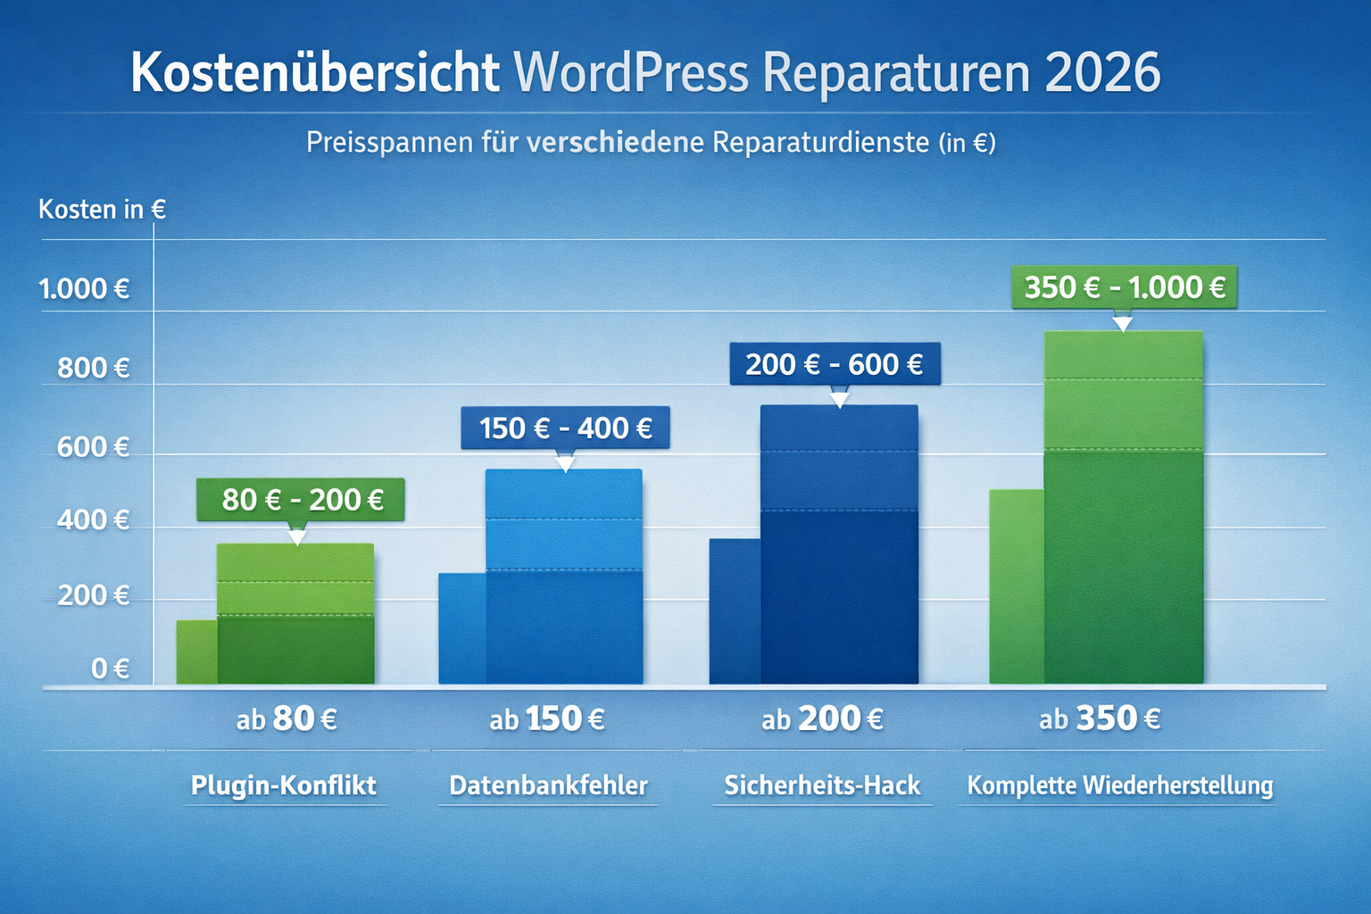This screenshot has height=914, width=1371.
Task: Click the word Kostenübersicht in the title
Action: coord(314,72)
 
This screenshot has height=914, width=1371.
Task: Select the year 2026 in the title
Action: coord(1102,72)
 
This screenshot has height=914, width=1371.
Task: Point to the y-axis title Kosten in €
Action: coord(102,210)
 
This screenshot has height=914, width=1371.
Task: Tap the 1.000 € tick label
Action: coord(84,289)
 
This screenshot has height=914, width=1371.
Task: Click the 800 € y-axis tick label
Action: coord(93,368)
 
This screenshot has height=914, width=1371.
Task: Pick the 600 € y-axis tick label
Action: coord(93,447)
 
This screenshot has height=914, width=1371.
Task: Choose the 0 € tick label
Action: coord(110,669)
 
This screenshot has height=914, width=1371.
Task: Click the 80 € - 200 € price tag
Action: coord(302,500)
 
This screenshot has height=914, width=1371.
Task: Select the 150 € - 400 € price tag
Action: coord(565,428)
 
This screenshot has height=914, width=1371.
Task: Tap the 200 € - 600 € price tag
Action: coord(834,364)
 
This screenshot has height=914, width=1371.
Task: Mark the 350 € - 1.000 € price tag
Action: coord(1124,287)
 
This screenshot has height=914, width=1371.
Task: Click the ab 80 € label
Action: coord(287,719)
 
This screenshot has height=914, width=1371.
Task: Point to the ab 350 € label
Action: coord(1099,719)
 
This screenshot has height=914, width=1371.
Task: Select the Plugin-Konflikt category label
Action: coord(284,785)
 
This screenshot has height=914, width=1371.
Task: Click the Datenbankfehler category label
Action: coord(548,785)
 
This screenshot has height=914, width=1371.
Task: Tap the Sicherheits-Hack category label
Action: coord(822,785)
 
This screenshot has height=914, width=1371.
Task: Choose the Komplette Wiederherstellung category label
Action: coord(1119,785)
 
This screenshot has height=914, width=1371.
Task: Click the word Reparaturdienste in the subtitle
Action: coord(820,143)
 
